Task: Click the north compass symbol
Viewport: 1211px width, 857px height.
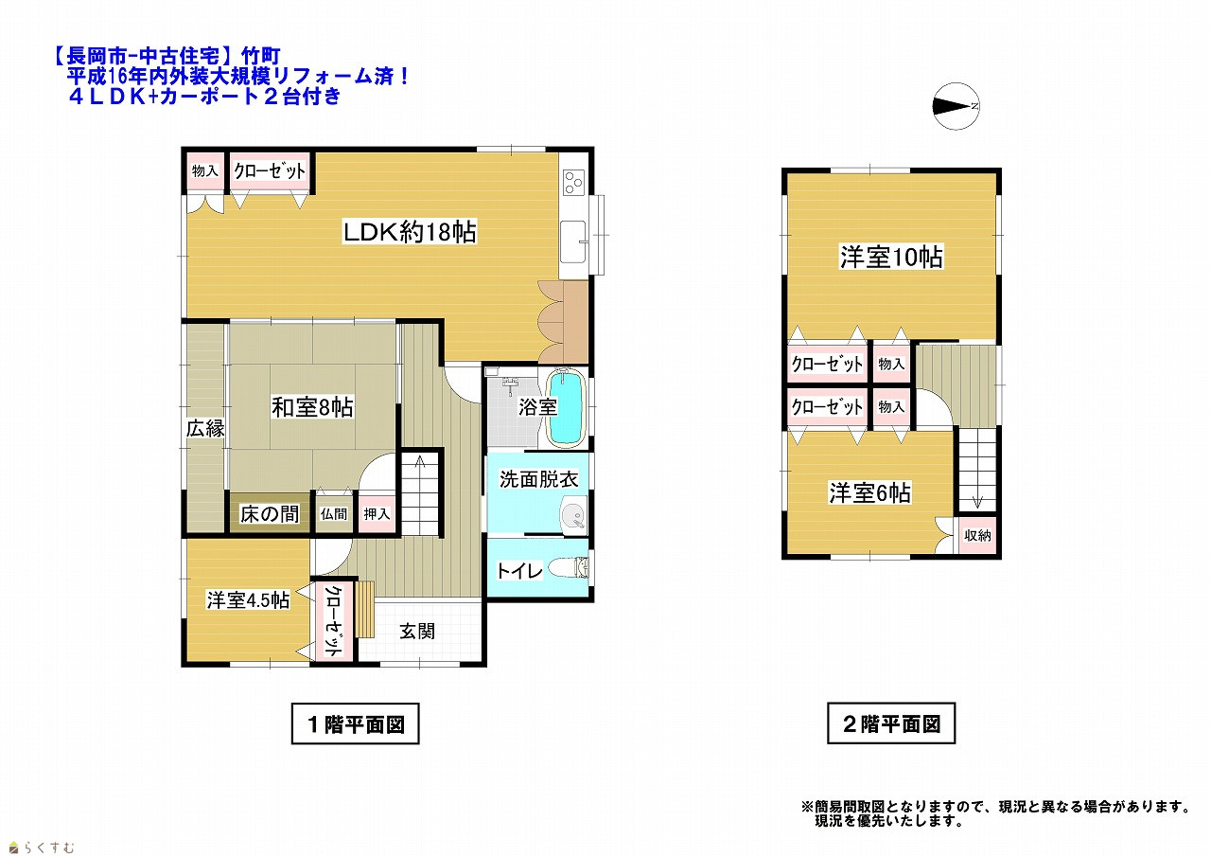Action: (956, 106)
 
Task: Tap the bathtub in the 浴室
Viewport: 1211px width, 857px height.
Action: (566, 407)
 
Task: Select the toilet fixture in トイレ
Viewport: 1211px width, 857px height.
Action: (569, 568)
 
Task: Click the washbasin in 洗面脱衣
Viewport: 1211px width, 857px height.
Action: (573, 514)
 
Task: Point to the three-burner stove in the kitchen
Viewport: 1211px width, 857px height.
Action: (573, 183)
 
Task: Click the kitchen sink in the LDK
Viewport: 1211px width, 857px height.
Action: (573, 241)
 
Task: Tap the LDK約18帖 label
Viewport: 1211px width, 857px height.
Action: (410, 232)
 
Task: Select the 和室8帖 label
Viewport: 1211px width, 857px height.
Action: (312, 407)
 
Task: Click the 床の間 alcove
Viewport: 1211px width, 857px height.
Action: (270, 513)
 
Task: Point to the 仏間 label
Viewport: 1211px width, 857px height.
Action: (334, 514)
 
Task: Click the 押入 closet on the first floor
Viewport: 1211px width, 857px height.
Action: (377, 514)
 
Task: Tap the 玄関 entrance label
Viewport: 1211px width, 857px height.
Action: (417, 631)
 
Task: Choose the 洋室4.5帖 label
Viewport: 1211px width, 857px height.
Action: (248, 600)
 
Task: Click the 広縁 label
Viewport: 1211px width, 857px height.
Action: (205, 428)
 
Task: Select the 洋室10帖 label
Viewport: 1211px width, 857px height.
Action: (891, 257)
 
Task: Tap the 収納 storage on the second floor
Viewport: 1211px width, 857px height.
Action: (977, 535)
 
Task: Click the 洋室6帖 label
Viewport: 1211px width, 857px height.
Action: (869, 492)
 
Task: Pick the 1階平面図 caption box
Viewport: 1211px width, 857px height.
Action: (355, 723)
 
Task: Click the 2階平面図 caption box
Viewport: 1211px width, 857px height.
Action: (891, 723)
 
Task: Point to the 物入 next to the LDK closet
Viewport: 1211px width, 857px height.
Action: (205, 171)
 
